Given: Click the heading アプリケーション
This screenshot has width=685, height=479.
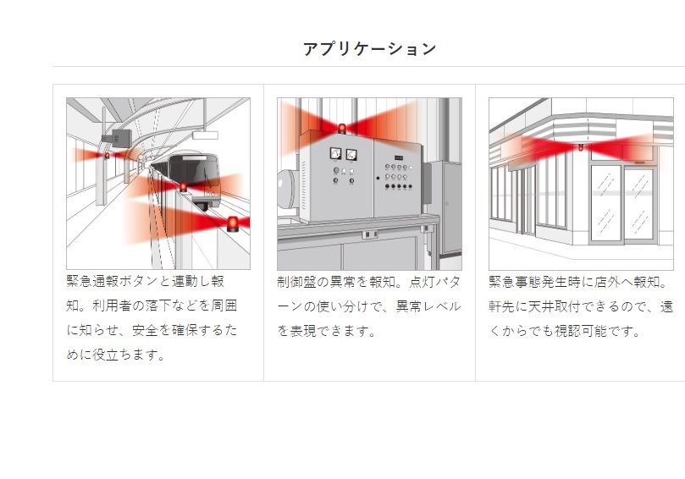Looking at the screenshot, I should click(x=369, y=48).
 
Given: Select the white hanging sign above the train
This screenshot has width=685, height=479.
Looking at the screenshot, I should click(x=204, y=134).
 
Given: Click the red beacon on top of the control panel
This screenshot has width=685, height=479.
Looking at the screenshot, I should click(x=342, y=129).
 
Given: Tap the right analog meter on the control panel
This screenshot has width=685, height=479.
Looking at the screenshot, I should click(x=351, y=154).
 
